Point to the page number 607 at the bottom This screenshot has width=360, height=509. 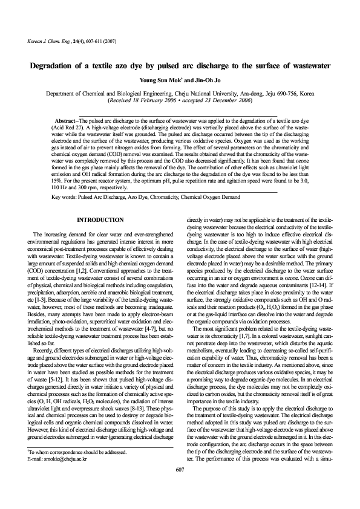pyautogui.click(x=180, y=487)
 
